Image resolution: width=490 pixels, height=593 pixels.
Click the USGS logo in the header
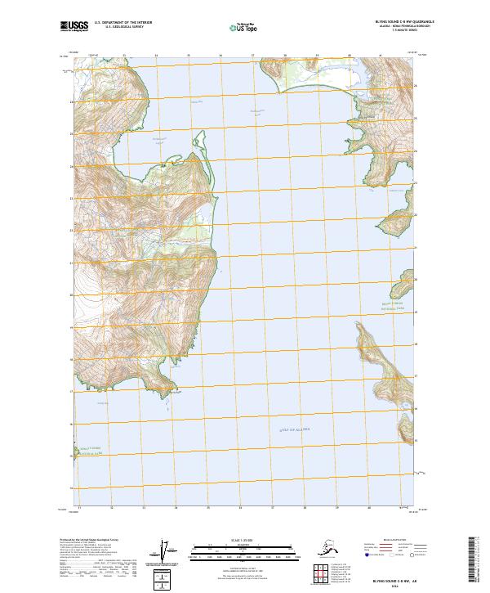pyautogui.click(x=72, y=27)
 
